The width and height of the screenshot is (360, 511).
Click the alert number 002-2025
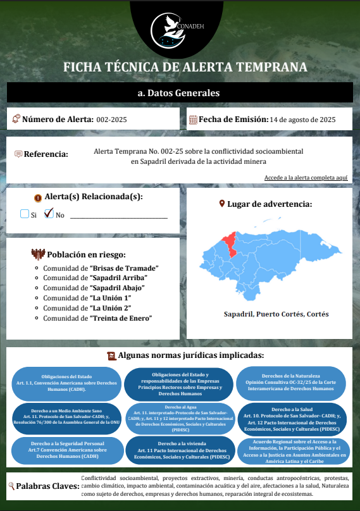(x=111, y=119)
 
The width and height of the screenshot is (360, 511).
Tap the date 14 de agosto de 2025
(x=302, y=119)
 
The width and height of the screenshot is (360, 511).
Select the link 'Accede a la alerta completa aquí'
(x=306, y=178)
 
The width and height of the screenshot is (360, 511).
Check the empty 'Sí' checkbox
(x=25, y=214)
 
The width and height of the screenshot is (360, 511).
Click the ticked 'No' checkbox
(x=49, y=213)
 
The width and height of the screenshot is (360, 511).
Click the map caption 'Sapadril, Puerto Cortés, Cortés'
(x=276, y=314)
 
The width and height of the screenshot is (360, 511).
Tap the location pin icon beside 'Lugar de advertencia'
(x=221, y=204)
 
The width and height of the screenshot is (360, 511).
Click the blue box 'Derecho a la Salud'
(x=292, y=419)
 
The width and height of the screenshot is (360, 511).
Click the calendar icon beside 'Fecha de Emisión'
(x=193, y=119)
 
